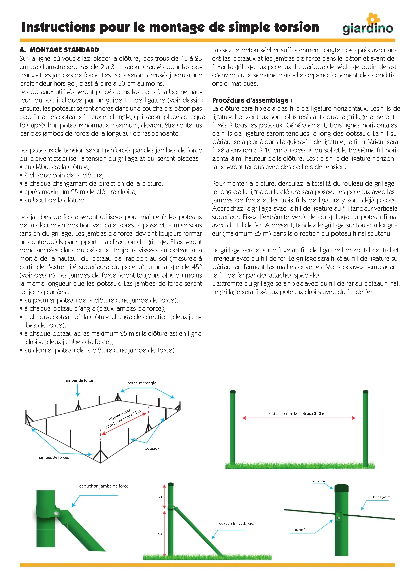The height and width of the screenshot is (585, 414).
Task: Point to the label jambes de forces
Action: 54,457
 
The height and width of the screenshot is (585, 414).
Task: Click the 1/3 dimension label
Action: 160,497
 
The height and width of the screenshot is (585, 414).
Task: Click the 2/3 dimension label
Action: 160,534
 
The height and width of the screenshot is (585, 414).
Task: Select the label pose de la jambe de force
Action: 236,523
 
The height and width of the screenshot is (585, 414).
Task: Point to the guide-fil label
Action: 300,530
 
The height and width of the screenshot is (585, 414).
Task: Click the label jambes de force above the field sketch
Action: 79,380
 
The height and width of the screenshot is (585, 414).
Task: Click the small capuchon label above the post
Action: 318,481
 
